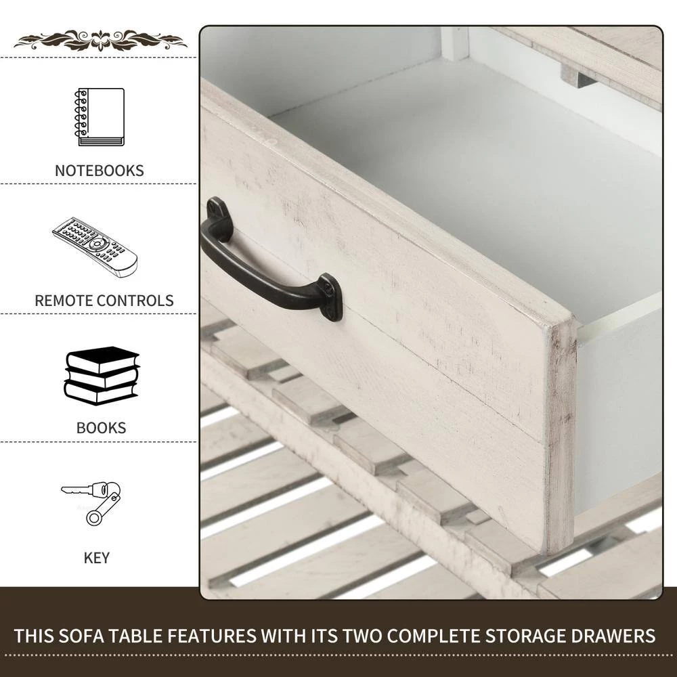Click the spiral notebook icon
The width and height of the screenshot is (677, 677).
(x=100, y=117)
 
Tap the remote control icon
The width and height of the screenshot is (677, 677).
(x=95, y=247)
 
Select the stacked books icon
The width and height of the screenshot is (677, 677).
(x=102, y=376)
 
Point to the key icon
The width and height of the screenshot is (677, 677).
(x=91, y=502)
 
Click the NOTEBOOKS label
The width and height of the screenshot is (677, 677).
(x=100, y=171)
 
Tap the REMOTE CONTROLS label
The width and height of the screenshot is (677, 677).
(x=104, y=301)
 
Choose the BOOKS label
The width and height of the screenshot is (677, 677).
(x=101, y=428)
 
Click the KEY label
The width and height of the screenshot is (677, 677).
(x=96, y=558)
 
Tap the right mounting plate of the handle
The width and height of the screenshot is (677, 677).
(x=331, y=297)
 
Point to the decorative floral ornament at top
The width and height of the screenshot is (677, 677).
(x=101, y=40)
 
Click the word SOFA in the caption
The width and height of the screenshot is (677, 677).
(x=81, y=636)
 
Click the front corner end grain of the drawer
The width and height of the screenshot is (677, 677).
(x=561, y=436)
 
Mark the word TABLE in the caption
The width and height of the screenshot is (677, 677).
(x=135, y=636)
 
